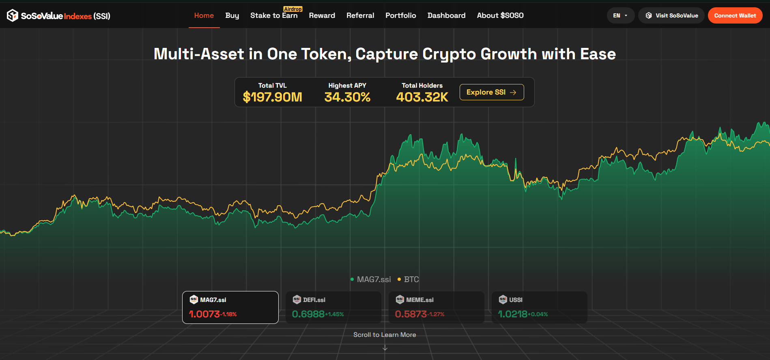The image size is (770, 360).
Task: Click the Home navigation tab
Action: pos(204,15)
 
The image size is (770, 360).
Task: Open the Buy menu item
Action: pos(232,15)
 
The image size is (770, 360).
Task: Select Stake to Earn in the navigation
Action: pos(274,15)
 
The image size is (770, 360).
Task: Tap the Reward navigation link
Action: pos(322,15)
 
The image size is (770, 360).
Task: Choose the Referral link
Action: pos(360,15)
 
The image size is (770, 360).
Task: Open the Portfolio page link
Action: pos(400,15)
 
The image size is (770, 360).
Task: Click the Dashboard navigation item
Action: pos(446,15)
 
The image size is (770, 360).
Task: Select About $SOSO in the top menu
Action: pos(500,15)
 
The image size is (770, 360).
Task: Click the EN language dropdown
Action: pos(620,15)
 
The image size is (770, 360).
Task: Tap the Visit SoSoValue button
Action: pos(671,15)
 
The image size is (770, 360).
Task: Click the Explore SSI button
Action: pos(491,92)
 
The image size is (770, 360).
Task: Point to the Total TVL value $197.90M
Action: pos(272,97)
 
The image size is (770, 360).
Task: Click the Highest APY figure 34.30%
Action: pos(347,97)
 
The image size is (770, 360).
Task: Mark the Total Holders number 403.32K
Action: pos(422,97)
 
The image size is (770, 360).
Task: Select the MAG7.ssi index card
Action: pos(230,307)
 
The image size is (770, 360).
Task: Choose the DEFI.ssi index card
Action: pos(333,307)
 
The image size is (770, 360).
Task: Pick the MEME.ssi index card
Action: pos(437,307)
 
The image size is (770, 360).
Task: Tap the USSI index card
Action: pos(539,307)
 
